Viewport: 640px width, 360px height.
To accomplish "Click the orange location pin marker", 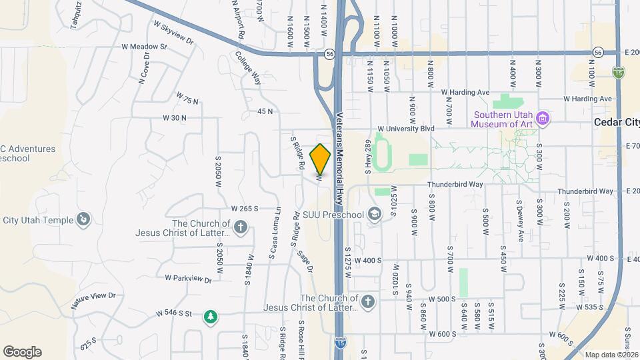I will click(x=320, y=159).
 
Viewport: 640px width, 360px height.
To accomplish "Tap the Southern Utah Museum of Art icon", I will click(x=543, y=119).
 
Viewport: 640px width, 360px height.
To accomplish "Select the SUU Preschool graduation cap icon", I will click(x=375, y=214).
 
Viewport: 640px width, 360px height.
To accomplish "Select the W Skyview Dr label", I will click(x=173, y=33).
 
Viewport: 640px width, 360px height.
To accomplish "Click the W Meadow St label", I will click(x=144, y=47).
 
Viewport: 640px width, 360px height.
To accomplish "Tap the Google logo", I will click(x=22, y=351).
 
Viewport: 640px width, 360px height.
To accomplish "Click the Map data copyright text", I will click(x=611, y=355).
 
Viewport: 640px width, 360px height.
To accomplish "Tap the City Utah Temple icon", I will click(x=83, y=219).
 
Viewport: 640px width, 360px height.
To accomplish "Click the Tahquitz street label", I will click(x=77, y=15).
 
